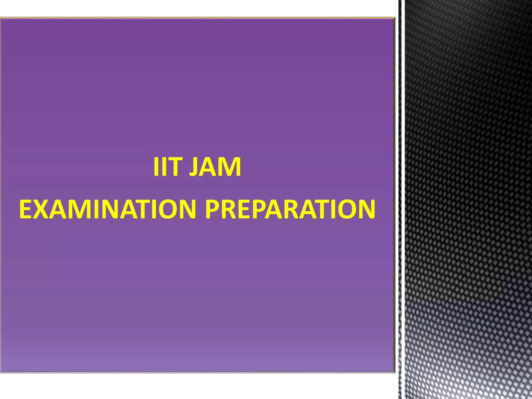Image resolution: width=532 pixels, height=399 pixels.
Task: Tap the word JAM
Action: point(215,167)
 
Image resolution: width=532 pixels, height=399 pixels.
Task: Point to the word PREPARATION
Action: point(290,209)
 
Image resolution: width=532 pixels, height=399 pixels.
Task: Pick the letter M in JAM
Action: point(230,167)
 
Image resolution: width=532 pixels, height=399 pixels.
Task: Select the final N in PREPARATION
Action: point(366,209)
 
